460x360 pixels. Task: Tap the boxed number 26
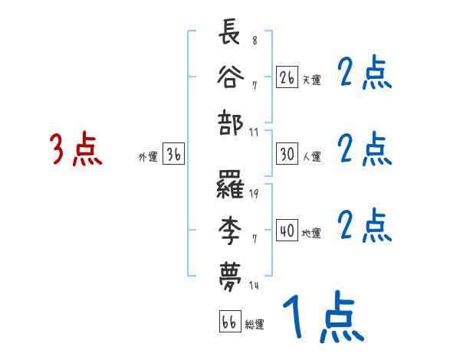287,77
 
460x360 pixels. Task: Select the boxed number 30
287,154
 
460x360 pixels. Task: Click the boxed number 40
287,231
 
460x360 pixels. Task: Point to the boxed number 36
173,155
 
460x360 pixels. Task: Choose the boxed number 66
228,321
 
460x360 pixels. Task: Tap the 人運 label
311,156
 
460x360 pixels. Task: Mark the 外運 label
147,157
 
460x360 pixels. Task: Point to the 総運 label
255,324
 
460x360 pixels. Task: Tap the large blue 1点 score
321,317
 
